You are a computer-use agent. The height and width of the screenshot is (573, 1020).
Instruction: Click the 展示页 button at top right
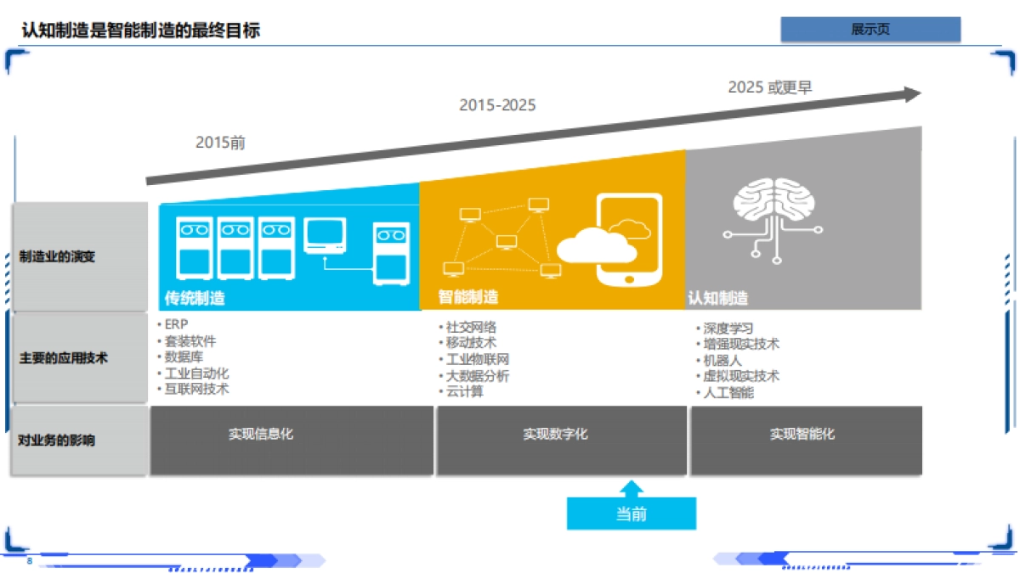[x=870, y=30]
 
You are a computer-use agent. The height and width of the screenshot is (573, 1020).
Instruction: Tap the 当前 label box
[x=631, y=514]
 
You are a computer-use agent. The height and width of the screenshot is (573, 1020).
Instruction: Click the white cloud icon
[x=597, y=246]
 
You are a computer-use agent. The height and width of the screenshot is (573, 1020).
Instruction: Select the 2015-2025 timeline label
[x=497, y=105]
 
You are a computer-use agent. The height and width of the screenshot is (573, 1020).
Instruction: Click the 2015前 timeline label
[x=220, y=143]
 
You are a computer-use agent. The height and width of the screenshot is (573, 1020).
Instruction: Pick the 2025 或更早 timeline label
[x=770, y=87]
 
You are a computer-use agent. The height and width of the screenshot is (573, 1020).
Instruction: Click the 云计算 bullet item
[x=465, y=391]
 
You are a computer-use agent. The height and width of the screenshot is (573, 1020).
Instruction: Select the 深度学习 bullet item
[x=728, y=329]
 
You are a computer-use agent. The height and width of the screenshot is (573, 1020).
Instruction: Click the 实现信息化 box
[x=260, y=434]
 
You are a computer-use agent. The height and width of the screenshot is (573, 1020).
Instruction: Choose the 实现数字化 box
[x=555, y=435]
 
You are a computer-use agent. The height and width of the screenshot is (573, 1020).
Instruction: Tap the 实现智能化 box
[x=802, y=434]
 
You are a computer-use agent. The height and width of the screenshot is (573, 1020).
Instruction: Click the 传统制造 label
[x=195, y=298]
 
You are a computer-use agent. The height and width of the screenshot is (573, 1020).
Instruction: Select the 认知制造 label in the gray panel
[x=718, y=298]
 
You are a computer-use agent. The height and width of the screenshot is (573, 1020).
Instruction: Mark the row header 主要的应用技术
[x=64, y=358]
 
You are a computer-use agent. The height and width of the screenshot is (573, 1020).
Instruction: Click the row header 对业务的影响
[x=57, y=441]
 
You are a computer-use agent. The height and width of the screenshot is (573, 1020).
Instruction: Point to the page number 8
[x=30, y=562]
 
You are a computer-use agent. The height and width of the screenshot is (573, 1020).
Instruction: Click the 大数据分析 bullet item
[x=478, y=375]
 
